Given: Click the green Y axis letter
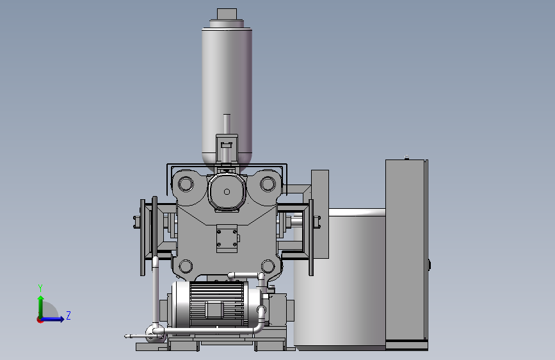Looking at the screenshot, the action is click(x=40, y=288).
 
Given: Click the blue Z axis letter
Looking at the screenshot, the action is click(x=68, y=315).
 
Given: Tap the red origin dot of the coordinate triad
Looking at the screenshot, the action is click(x=40, y=320).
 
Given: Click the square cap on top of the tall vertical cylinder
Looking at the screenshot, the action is click(x=227, y=14).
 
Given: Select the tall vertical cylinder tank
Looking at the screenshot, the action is click(x=227, y=95).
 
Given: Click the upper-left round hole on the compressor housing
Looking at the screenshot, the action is click(x=186, y=184).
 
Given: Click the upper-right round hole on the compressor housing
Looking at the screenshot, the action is click(x=268, y=184).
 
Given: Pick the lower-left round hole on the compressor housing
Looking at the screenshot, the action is click(x=186, y=266).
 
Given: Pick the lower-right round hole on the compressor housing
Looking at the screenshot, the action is click(x=268, y=266).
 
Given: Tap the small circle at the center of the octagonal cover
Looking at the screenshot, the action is click(x=227, y=192).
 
